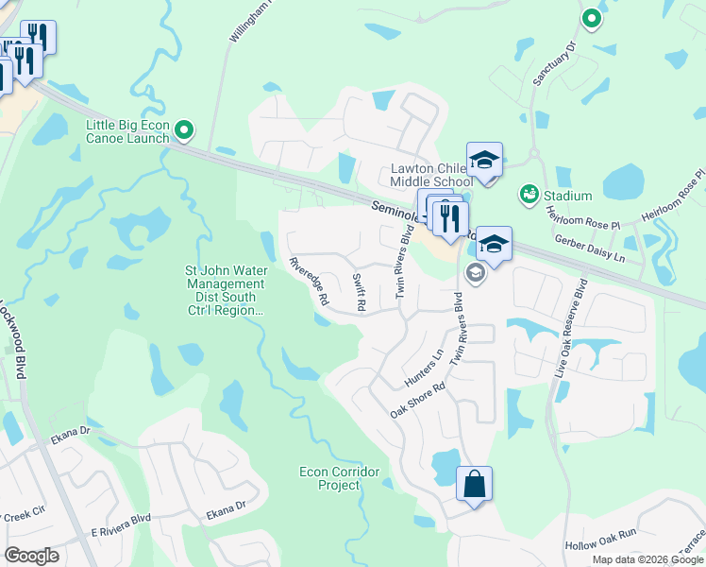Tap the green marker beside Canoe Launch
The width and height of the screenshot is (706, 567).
pyautogui.click(x=185, y=129)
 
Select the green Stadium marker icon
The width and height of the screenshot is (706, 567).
pyautogui.click(x=528, y=196)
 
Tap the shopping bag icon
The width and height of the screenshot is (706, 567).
pyautogui.click(x=474, y=485)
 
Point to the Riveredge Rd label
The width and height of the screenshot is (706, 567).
pyautogui.click(x=309, y=281)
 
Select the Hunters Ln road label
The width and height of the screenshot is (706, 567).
pyautogui.click(x=424, y=368)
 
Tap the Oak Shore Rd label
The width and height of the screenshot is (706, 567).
pyautogui.click(x=417, y=401)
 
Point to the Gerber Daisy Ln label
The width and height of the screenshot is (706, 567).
pyautogui.click(x=590, y=249)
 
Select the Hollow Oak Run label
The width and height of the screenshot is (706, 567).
pyautogui.click(x=601, y=546)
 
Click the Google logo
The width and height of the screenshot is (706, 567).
pyautogui.click(x=31, y=555)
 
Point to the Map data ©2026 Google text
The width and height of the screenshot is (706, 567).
pyautogui.click(x=647, y=559)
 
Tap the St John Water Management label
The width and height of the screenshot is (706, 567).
pyautogui.click(x=225, y=290)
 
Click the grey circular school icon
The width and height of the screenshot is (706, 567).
pyautogui.click(x=476, y=274)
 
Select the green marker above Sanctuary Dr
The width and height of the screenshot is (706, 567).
pyautogui.click(x=591, y=18)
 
